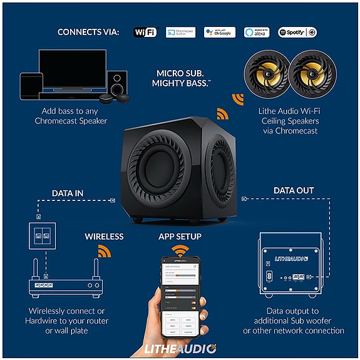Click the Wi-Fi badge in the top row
(x=145, y=31)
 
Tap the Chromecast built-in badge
(x=180, y=31)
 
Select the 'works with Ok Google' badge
(x=220, y=31)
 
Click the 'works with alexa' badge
(x=257, y=31)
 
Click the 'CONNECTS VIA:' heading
(x=88, y=32)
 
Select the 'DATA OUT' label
(x=294, y=190)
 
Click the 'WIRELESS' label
(x=104, y=237)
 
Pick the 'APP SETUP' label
(x=180, y=237)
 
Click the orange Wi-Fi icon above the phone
(x=181, y=251)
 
